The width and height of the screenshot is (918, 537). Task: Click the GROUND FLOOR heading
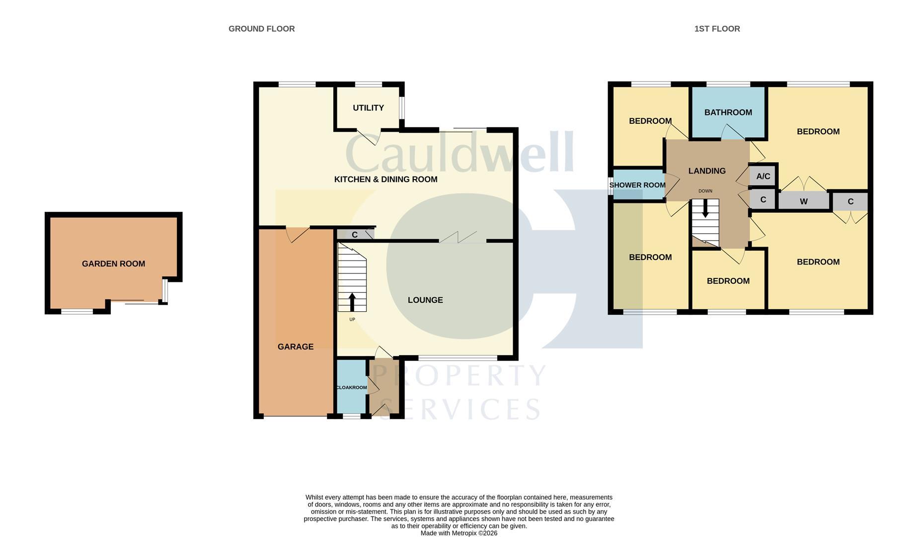[x=261, y=29]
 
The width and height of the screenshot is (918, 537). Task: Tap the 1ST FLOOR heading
[x=717, y=29]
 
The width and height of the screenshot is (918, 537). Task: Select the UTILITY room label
[x=368, y=108]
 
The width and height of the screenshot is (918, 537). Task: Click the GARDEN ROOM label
[x=113, y=264]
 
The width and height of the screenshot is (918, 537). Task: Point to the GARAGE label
[x=295, y=347]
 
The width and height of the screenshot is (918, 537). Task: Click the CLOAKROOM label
[x=351, y=388]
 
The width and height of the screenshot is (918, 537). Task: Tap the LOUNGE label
[x=425, y=300]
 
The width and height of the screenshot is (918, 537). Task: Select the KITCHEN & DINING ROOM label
[x=385, y=179]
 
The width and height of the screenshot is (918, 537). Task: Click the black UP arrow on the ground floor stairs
[x=352, y=302]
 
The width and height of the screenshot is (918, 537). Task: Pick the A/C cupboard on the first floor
[x=763, y=177]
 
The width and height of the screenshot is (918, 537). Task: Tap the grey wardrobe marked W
[x=803, y=201]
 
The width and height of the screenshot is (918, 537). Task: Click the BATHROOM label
[x=728, y=112]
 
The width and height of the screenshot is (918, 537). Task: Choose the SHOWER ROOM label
[x=637, y=185]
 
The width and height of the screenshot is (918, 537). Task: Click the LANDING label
[x=707, y=171]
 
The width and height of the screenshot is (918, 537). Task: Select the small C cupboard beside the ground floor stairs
[x=355, y=235]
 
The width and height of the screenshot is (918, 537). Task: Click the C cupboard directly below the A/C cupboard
[x=763, y=199]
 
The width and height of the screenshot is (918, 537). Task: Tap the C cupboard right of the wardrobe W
[x=850, y=201]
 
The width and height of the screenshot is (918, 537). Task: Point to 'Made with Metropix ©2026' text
[x=459, y=533]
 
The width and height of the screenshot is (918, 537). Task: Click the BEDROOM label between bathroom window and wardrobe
[x=818, y=132]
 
